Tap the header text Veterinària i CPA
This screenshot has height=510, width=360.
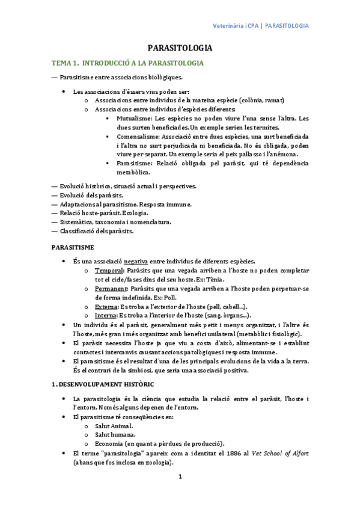236,26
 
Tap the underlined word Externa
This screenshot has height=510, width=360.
106,307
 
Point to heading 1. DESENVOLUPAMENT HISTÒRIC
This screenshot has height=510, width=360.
103,383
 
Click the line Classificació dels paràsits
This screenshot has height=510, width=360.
96,231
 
